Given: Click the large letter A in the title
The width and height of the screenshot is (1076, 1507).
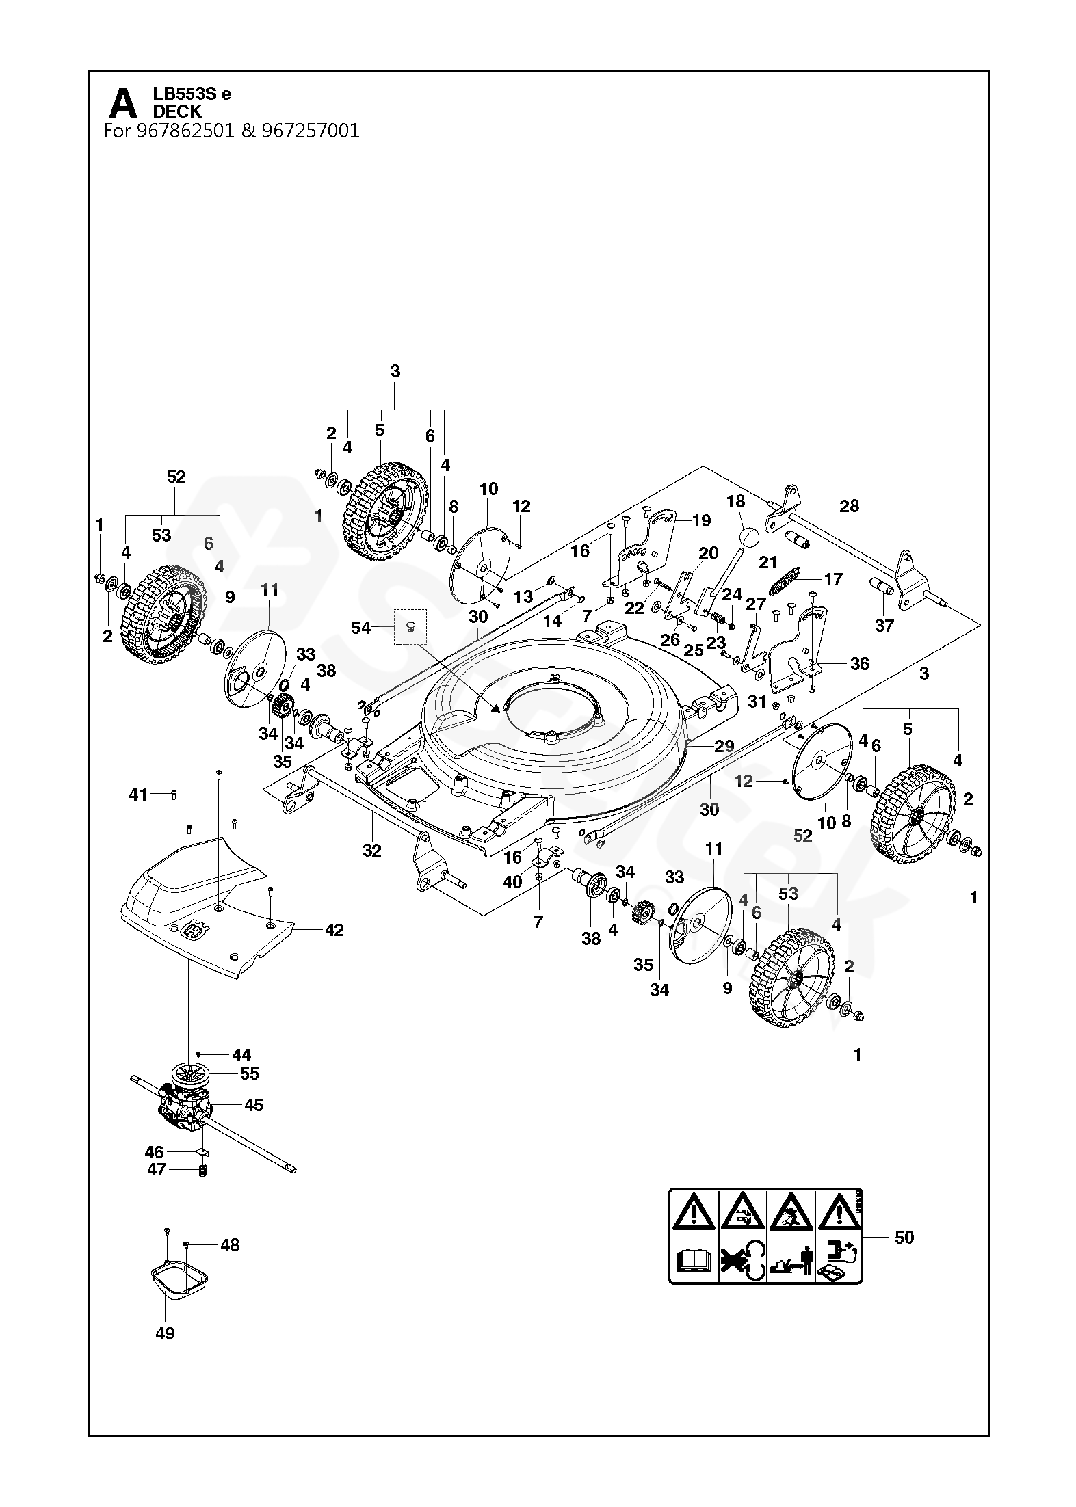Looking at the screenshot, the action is (122, 105).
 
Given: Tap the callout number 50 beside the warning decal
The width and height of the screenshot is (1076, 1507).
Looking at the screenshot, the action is (904, 1238).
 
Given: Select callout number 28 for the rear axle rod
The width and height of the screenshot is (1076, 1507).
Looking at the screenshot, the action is (849, 506).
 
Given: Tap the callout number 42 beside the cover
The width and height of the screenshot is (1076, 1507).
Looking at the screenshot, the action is (334, 930).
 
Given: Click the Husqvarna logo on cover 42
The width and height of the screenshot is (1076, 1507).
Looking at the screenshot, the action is (197, 934).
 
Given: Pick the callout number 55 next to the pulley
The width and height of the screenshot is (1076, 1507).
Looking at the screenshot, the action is (250, 1074).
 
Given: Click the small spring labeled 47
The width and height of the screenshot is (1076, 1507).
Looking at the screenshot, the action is (202, 1171).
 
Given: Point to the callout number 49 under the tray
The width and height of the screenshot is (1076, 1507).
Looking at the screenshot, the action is (166, 1333).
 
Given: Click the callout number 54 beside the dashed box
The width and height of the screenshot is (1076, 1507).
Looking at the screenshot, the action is (360, 627).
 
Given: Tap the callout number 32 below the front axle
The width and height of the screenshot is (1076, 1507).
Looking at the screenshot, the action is (371, 851).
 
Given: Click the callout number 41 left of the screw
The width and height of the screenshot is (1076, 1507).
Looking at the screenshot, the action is (139, 795).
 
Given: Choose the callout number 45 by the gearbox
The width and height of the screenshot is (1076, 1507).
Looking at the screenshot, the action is (253, 1106).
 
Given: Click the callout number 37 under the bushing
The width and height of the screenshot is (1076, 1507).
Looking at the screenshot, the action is (884, 626).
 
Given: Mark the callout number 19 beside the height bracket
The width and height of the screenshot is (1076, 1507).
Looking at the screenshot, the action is (701, 520).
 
